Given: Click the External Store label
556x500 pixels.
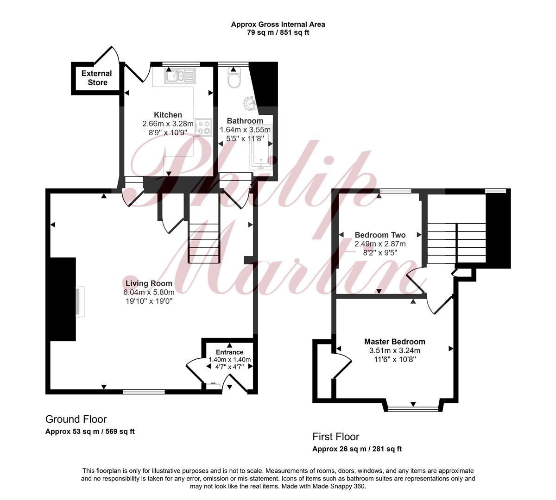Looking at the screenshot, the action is coord(97,78).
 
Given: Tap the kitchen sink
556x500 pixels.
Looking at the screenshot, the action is coord(180,75).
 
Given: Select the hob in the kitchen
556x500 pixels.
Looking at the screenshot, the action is coord(204,127).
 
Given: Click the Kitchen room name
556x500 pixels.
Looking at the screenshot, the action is coord(168,115).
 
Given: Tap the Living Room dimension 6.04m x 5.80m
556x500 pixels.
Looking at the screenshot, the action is coord(149,292).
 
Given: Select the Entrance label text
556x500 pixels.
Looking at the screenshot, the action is coord(229,352).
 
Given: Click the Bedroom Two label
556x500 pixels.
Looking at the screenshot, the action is coord(380,235).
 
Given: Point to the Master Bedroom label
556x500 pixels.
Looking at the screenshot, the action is coord(395,342).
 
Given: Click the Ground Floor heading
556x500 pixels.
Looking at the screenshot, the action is coord(76,419).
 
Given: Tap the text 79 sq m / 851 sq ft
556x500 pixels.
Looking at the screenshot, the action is coord(278,33).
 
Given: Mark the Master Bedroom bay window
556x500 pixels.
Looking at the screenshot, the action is coord(413,408).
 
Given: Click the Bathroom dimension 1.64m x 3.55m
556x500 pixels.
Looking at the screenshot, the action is coord(245,130).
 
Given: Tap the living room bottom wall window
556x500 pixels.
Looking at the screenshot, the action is coord(144,392).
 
